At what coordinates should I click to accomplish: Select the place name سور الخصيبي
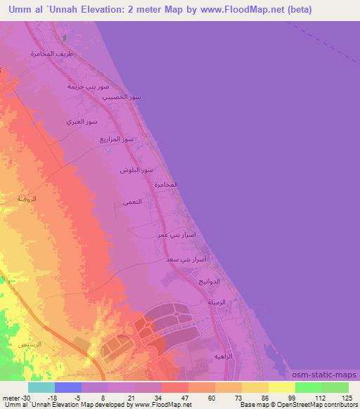pyautogui.click(x=127, y=97)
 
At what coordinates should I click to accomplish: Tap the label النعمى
pyautogui.click(x=132, y=202)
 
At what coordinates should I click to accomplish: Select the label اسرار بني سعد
pyautogui.click(x=190, y=259)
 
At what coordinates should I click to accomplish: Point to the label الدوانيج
pyautogui.click(x=210, y=281)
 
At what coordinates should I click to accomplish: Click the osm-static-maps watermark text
pyautogui.click(x=329, y=375)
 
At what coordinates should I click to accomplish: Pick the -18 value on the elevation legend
pyautogui.click(x=53, y=396)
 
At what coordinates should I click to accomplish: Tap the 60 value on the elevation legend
pyautogui.click(x=211, y=396)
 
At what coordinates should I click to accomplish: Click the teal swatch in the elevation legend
pyautogui.click(x=41, y=387)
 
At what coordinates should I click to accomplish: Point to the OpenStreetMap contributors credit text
pyautogui.click(x=319, y=405)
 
